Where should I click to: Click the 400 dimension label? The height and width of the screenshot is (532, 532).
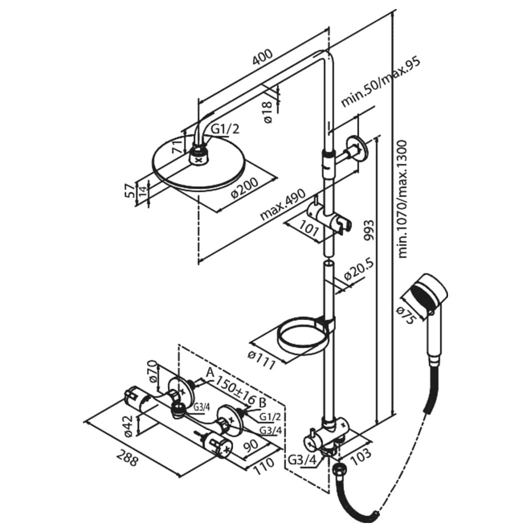[262, 57]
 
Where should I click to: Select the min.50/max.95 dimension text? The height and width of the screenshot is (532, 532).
[381, 82]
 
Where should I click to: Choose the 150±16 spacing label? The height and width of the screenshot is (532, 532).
[235, 392]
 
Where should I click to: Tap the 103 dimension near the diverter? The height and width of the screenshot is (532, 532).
[361, 454]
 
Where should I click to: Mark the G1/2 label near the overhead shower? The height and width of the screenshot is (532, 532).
[225, 129]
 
